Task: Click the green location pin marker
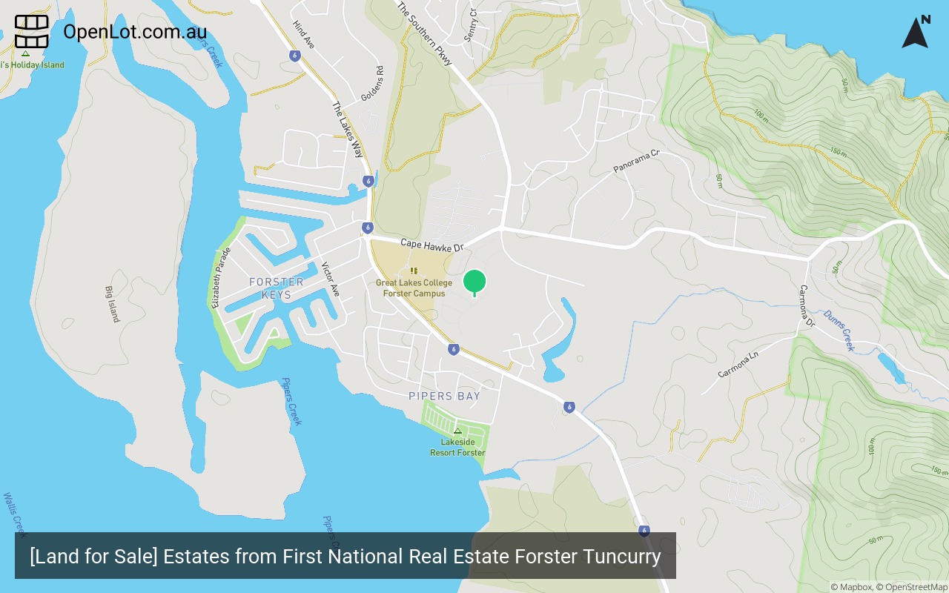474,282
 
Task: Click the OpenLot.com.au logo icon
32,32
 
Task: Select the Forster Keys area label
277,288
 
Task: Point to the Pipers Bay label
444,396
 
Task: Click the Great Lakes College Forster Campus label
414,288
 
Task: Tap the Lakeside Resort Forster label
457,448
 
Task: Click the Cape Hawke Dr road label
431,245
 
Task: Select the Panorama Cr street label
636,162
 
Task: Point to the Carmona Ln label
739,362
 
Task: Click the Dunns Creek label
839,330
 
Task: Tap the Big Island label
112,304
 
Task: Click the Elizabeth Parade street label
221,278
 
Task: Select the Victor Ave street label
330,279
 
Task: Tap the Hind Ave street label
304,35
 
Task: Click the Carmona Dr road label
807,306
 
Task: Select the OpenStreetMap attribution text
916,587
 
